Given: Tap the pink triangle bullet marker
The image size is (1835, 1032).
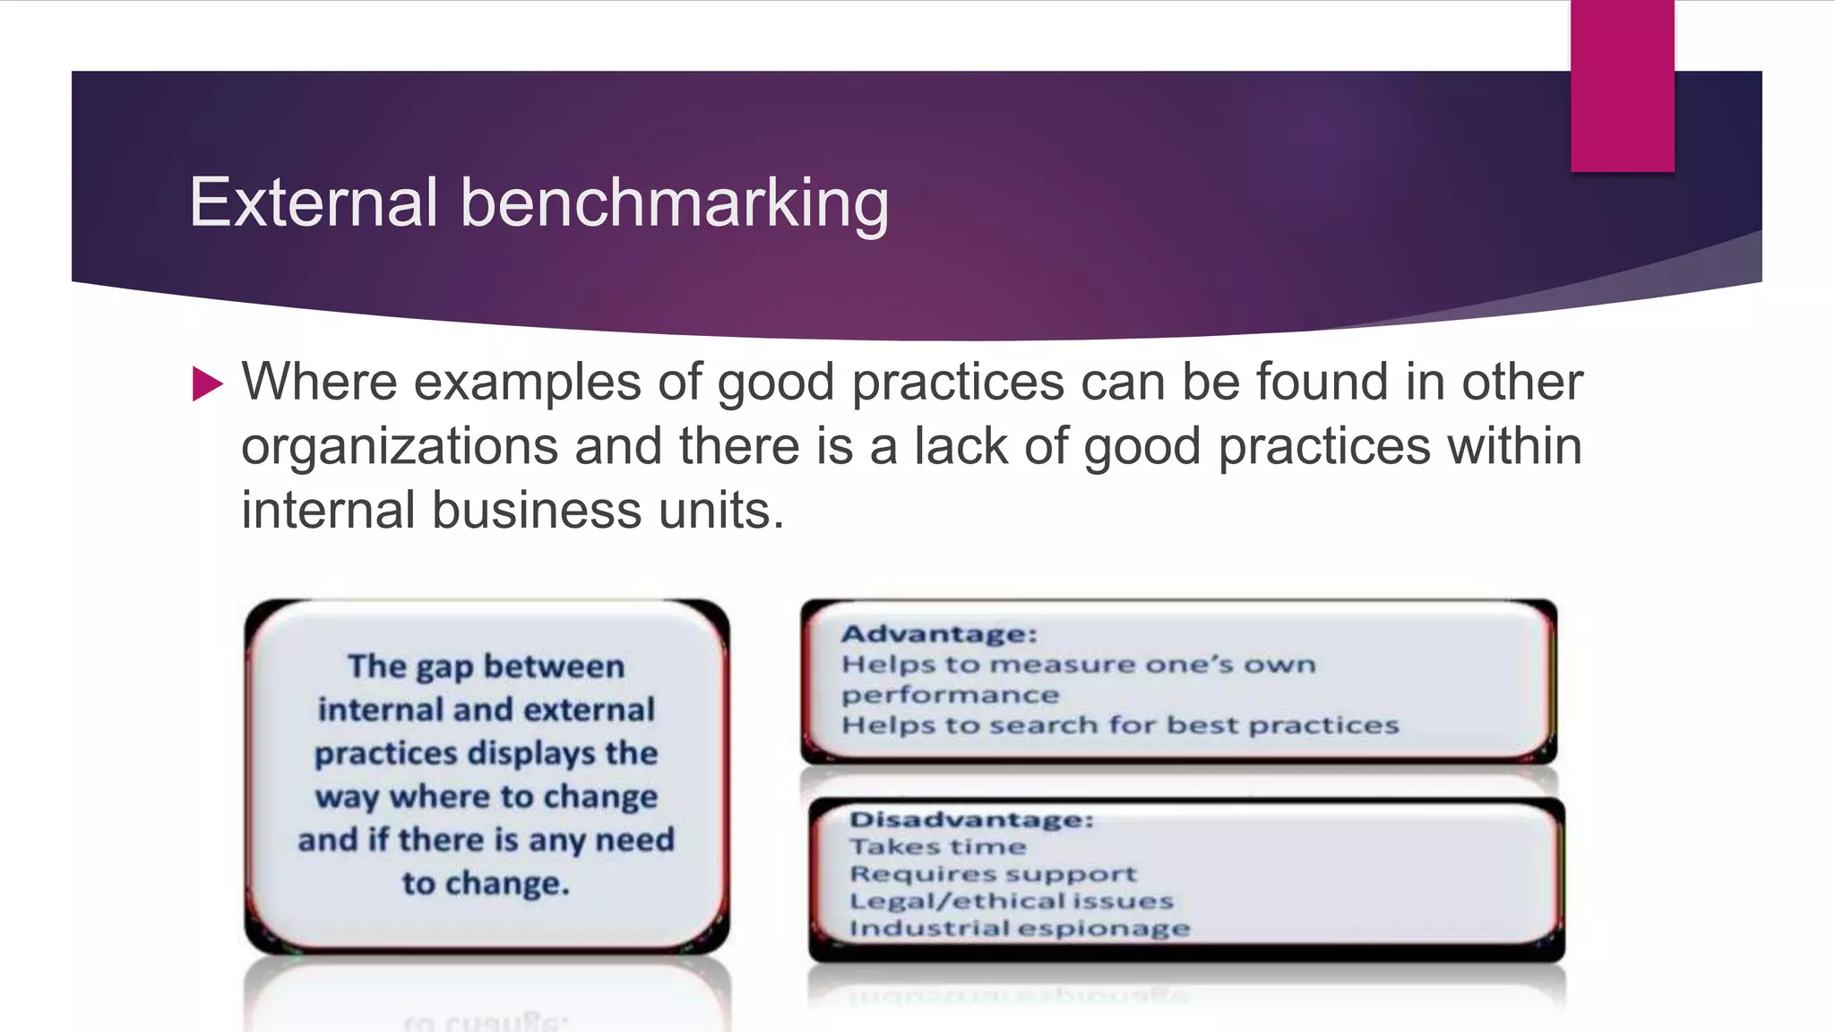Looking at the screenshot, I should pos(207,384).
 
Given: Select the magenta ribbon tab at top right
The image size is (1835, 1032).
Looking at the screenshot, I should pos(1622,86).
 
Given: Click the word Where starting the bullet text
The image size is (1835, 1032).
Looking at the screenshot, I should pos(319,383).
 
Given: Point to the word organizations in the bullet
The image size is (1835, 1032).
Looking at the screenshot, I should pos(399,447).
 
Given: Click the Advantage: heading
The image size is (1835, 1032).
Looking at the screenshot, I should pos(939,634).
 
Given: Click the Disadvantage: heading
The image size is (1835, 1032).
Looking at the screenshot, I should pos(971,820).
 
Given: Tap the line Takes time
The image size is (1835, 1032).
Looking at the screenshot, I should pos(937,847).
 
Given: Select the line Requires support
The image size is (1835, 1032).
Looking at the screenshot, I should pos(993,873).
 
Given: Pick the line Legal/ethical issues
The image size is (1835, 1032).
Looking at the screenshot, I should pos(1011,900).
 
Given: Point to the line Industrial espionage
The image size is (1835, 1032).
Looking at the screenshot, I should pos(1019,928).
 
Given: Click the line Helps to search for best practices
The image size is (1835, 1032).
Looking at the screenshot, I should pos(1120,725).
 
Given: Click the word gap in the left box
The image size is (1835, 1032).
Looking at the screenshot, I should pos(444,667).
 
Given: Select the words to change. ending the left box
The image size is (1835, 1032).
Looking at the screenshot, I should pos(486,883).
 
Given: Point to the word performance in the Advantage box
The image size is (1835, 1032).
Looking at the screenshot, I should pos(950,695).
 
